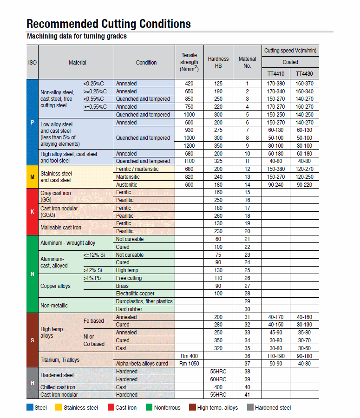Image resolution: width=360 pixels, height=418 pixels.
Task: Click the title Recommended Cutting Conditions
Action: pos(109,24)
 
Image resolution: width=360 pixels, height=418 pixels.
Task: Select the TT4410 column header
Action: pos(276,73)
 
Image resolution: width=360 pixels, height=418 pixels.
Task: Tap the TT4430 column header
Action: pos(305,73)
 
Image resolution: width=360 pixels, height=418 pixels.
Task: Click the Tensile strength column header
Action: pos(189,62)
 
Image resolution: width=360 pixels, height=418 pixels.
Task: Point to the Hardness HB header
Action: pos(218,62)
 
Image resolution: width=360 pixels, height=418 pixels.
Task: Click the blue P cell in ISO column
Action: pos(32,122)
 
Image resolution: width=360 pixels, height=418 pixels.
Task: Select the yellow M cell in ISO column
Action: pos(32,176)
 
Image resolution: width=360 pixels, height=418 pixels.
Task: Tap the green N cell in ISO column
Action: pos(32,274)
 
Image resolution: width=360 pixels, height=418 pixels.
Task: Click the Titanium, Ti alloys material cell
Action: pos(60,359)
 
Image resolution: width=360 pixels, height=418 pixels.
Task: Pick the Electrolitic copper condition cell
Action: pos(135,294)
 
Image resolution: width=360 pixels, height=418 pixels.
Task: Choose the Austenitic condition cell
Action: pos(127,184)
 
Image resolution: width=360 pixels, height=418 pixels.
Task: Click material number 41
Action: pos(247,395)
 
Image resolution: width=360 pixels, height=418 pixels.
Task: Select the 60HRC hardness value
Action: pos(218,379)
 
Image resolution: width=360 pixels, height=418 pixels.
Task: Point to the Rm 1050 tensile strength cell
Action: pos(189,364)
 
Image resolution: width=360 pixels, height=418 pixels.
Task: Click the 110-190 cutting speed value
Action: pos(276,356)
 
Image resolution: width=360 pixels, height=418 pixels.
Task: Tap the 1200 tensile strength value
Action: pos(189,146)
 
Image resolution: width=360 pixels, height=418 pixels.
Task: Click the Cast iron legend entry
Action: pos(126,408)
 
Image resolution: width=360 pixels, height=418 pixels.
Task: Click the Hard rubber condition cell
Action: pos(130,309)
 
